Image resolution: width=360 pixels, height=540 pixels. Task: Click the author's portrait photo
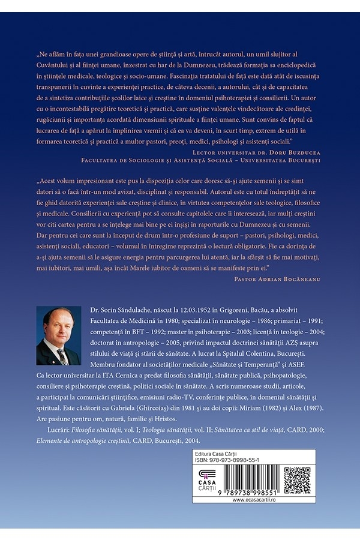click(x=59, y=335)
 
